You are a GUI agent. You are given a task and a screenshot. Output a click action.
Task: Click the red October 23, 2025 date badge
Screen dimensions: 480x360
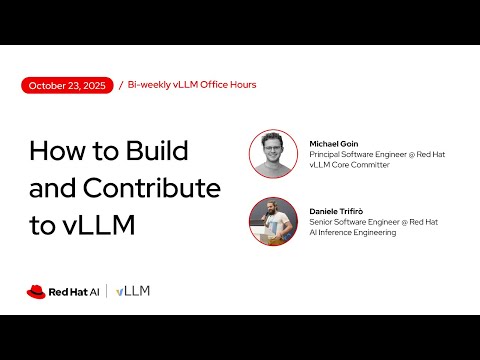pyautogui.click(x=67, y=85)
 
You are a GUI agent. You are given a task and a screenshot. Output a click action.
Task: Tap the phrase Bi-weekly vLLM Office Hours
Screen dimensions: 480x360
pyautogui.click(x=192, y=85)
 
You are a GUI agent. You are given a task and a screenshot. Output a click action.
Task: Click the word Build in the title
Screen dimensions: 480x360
pyautogui.click(x=157, y=150)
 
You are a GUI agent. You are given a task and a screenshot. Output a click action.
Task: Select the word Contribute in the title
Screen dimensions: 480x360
pyautogui.click(x=152, y=188)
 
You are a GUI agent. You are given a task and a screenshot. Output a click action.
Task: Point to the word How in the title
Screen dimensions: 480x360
pyautogui.click(x=57, y=151)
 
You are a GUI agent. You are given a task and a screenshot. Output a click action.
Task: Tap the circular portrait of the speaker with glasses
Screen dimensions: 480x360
pyautogui.click(x=273, y=154)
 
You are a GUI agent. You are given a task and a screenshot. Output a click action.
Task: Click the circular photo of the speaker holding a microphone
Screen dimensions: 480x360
pyautogui.click(x=273, y=221)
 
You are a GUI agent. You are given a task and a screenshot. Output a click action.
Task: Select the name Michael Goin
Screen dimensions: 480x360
pyautogui.click(x=334, y=144)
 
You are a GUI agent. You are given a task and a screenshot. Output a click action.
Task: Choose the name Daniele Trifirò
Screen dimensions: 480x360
pyautogui.click(x=336, y=211)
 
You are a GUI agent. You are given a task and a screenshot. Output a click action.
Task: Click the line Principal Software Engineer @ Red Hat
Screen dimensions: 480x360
pyautogui.click(x=377, y=154)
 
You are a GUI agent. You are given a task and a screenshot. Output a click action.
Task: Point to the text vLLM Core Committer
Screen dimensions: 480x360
pyautogui.click(x=349, y=165)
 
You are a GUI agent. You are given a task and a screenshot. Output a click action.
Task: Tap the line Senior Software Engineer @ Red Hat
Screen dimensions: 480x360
pyautogui.click(x=373, y=222)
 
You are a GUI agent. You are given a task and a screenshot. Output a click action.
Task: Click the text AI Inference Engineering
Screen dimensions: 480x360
pyautogui.click(x=353, y=232)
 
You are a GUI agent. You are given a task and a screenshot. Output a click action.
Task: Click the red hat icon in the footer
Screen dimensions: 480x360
pyautogui.click(x=36, y=292)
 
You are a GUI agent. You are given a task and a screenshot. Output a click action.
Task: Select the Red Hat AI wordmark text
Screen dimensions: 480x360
pyautogui.click(x=74, y=292)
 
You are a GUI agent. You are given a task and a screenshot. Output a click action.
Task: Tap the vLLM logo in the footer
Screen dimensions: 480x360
pyautogui.click(x=133, y=291)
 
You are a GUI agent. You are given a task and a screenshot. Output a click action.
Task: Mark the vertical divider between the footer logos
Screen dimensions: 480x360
pyautogui.click(x=107, y=291)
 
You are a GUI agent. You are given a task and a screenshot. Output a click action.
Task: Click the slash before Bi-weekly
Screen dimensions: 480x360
pyautogui.click(x=121, y=85)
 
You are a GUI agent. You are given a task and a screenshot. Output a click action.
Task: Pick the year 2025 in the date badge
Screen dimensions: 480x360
pyautogui.click(x=94, y=86)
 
